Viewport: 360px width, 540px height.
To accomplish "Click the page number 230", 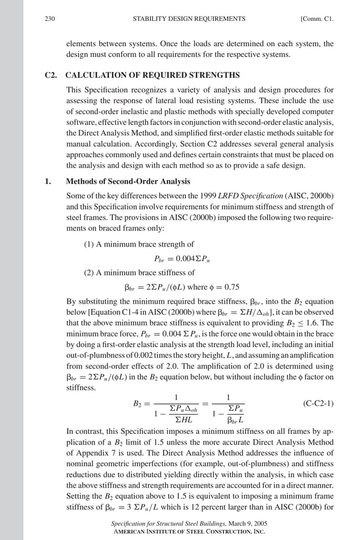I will tap(50, 19).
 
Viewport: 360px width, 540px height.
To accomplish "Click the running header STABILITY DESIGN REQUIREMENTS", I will tap(188, 19).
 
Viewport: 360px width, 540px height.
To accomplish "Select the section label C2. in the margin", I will tap(51, 75).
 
